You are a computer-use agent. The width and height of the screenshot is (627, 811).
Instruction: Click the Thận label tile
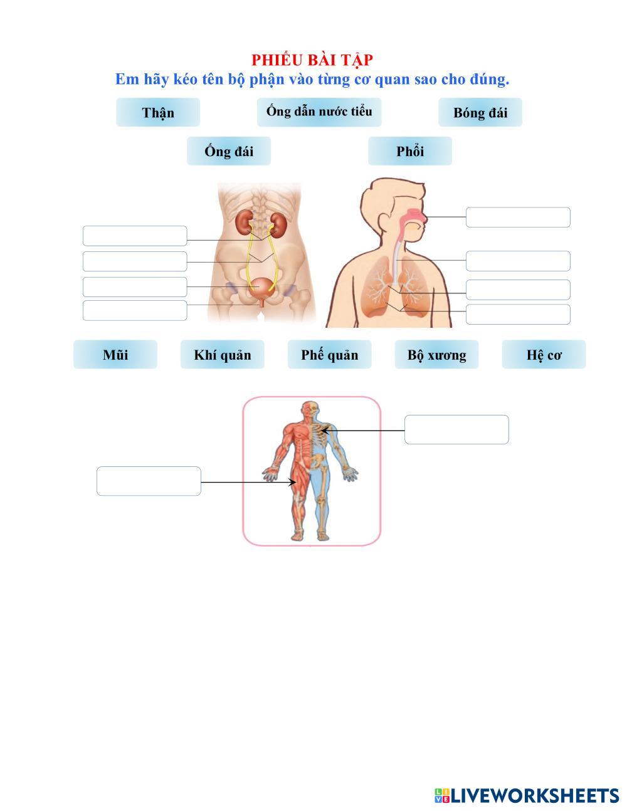click(x=158, y=112)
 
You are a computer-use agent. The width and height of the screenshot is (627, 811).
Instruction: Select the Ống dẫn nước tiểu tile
click(x=319, y=112)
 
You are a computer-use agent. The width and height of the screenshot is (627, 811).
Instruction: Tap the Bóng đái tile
click(x=480, y=112)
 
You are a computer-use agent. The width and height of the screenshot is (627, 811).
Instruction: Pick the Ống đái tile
click(x=228, y=151)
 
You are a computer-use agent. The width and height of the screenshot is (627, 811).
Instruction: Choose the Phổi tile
click(x=409, y=151)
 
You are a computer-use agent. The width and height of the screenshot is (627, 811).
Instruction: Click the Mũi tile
click(x=115, y=355)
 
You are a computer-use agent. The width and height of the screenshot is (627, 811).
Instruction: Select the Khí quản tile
click(x=222, y=355)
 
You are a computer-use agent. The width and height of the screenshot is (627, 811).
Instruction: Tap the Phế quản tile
click(x=329, y=355)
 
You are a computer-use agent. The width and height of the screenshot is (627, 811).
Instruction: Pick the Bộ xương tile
click(x=436, y=355)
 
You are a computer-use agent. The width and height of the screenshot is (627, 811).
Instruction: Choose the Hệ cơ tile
click(x=544, y=355)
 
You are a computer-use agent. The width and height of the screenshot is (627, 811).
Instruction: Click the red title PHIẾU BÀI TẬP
click(x=312, y=60)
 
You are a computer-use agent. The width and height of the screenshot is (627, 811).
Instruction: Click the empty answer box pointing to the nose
click(x=518, y=217)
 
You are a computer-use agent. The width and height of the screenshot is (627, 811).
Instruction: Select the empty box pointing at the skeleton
click(x=456, y=429)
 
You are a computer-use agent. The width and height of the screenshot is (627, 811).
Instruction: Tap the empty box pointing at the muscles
click(x=149, y=481)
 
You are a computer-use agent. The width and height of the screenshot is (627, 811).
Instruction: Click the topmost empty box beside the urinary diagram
click(x=135, y=236)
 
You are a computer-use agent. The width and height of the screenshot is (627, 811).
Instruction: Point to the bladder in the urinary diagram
click(x=261, y=288)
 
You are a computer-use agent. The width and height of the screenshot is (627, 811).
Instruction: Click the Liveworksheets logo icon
click(x=442, y=795)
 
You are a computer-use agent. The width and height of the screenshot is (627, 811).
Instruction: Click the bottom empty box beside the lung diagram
click(x=518, y=314)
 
